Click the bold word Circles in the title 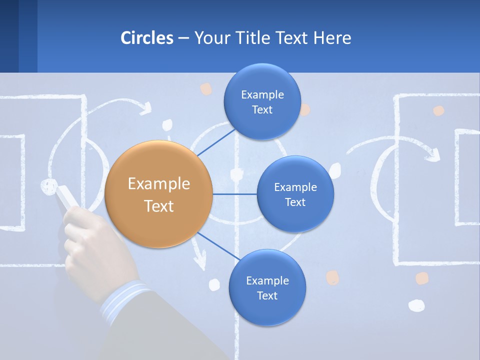[147, 38]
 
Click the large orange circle [158, 194]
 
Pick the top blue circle [262, 101]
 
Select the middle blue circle [295, 194]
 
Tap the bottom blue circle [267, 287]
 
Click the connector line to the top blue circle [216, 142]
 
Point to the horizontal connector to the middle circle [234, 194]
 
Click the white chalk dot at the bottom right [416, 305]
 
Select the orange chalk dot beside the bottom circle [332, 277]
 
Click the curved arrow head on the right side [433, 153]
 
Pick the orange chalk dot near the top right [438, 111]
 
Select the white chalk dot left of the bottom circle [214, 284]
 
